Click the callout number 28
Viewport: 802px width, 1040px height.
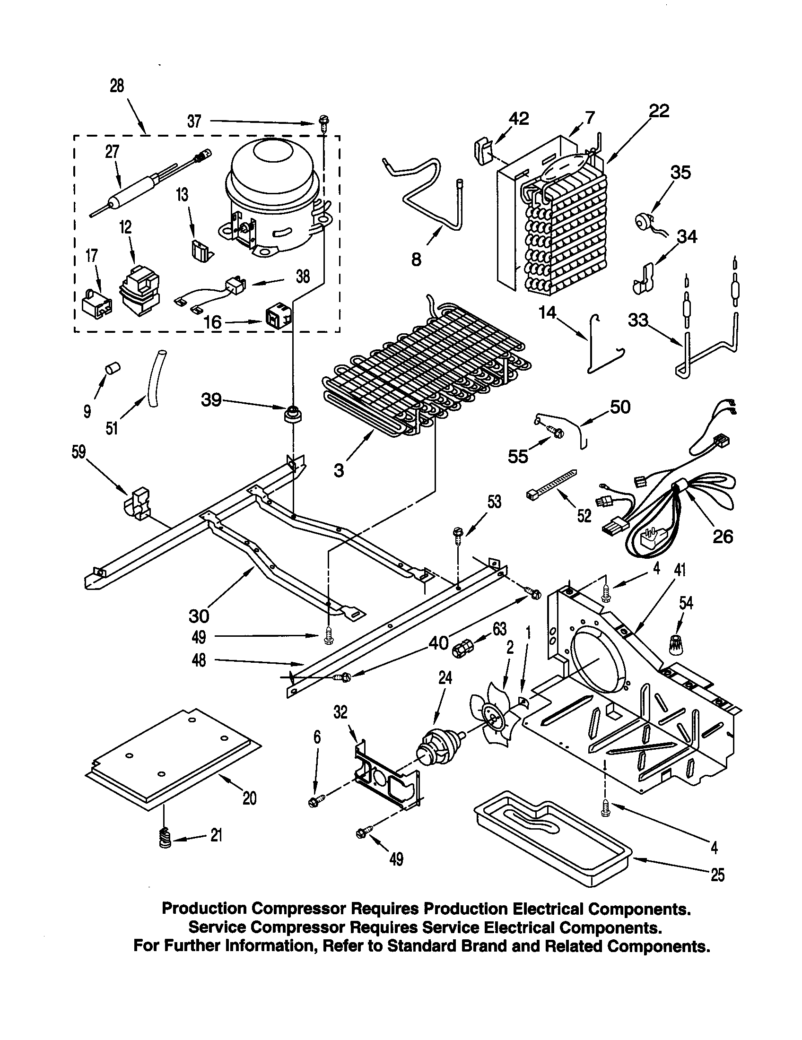(117, 86)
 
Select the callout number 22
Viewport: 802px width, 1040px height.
(659, 111)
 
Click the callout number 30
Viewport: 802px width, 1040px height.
(199, 615)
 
